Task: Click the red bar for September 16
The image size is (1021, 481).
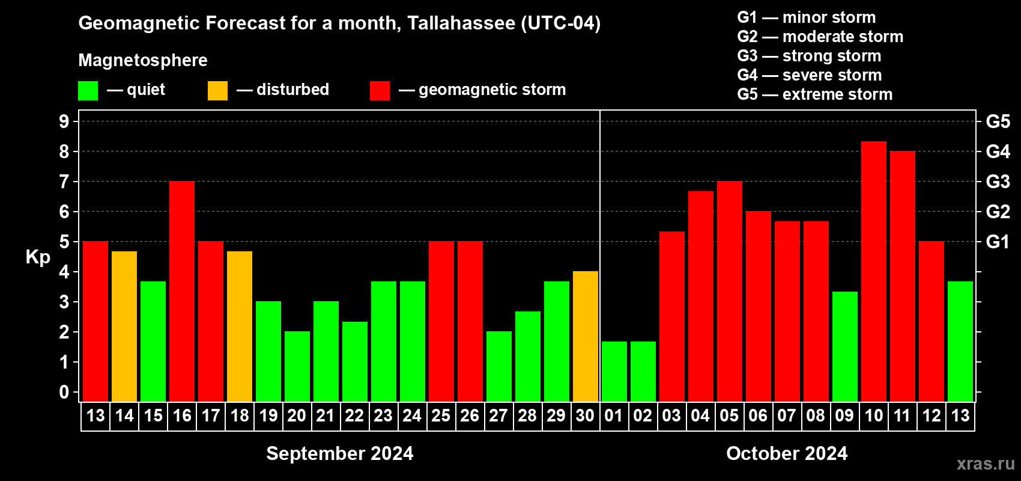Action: tap(182, 292)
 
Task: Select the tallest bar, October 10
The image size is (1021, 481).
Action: tap(874, 272)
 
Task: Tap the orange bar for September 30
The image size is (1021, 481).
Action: tap(586, 337)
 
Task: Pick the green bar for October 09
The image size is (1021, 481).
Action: tap(845, 347)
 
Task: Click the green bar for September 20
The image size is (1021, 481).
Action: tap(297, 367)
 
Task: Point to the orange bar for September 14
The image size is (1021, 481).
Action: tap(124, 326)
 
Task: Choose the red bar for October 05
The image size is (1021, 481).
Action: tap(730, 292)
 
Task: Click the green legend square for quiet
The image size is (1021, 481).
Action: tap(88, 91)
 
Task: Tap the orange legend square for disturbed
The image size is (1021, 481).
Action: tap(218, 91)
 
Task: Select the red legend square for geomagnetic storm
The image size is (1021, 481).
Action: tap(380, 91)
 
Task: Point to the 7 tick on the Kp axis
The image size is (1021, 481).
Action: tap(64, 182)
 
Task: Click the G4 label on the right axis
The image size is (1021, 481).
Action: tap(998, 152)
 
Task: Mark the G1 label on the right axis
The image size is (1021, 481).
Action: tap(998, 242)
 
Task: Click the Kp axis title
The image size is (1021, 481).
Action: tap(38, 257)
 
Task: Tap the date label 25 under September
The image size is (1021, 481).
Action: tap(441, 416)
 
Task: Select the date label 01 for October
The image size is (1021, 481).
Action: tap(614, 416)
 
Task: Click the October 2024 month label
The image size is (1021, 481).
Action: tap(787, 453)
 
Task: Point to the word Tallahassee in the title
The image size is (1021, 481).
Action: tap(461, 23)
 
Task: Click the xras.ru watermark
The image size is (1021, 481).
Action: tap(986, 464)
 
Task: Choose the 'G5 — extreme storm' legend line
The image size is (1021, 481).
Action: tap(815, 94)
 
